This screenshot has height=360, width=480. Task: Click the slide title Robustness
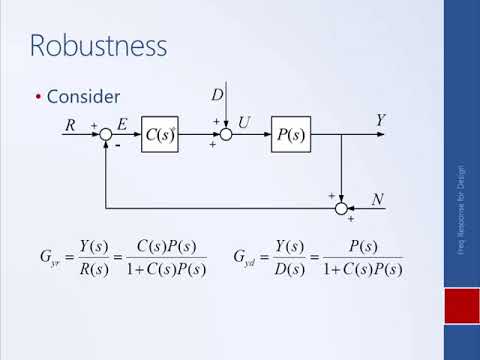(98, 45)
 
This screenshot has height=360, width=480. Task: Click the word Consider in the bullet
(83, 97)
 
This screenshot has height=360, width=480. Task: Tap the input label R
(70, 125)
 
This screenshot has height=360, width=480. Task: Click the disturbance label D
(216, 95)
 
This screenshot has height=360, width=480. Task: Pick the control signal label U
(243, 123)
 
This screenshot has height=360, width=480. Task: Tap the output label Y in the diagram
(380, 121)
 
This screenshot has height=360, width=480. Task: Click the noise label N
(378, 200)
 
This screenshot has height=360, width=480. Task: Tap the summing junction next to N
(341, 208)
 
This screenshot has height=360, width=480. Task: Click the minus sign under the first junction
(117, 147)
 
